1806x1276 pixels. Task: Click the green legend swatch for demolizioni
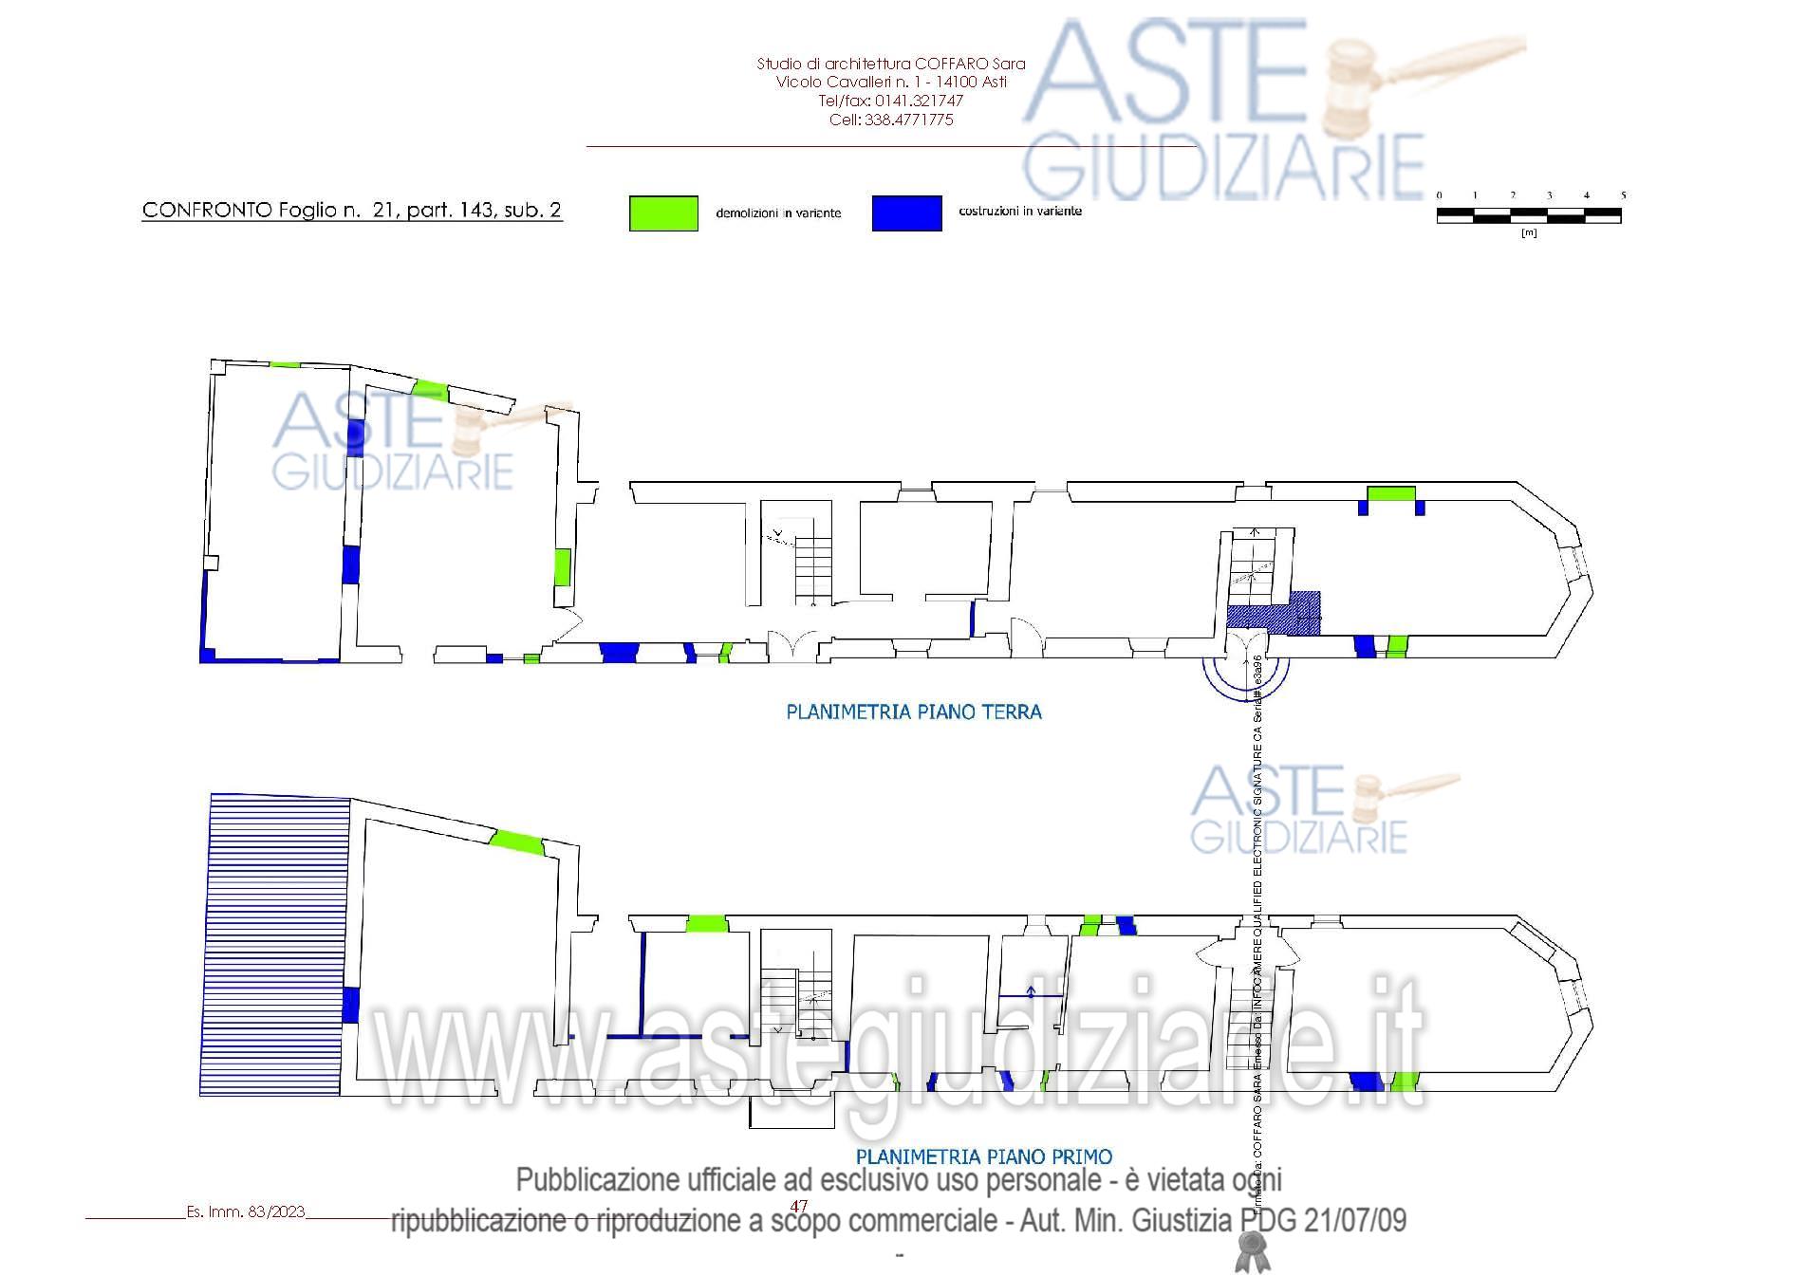(x=663, y=213)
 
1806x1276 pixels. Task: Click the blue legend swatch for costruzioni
(x=906, y=213)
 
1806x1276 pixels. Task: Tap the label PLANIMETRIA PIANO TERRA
(x=914, y=712)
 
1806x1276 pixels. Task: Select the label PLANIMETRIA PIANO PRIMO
(x=984, y=1156)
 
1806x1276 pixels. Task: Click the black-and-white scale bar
(x=1529, y=217)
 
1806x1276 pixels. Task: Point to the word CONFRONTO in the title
(x=207, y=211)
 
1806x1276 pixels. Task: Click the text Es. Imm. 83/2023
(x=246, y=1211)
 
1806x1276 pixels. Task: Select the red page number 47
(x=799, y=1206)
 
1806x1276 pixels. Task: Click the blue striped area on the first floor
(x=275, y=944)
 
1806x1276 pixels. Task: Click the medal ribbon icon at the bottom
(x=1251, y=1252)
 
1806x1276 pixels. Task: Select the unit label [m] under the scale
(x=1529, y=232)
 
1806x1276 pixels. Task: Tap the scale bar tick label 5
(x=1624, y=195)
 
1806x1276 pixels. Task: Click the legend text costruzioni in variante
(x=1020, y=211)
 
